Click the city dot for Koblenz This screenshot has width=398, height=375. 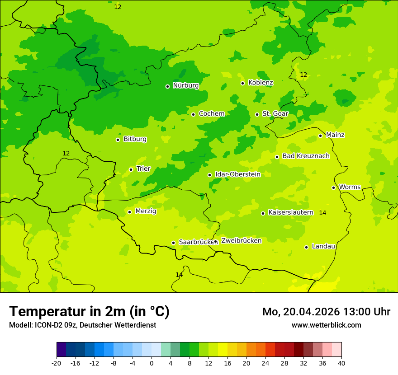pyautogui.click(x=242, y=83)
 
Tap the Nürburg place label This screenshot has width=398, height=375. pyautogui.click(x=185, y=85)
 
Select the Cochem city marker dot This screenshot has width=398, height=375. pyautogui.click(x=193, y=114)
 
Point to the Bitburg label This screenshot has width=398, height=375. pyautogui.click(x=135, y=139)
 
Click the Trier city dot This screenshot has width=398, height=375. pyautogui.click(x=131, y=169)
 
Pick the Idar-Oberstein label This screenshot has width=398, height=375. pyautogui.click(x=237, y=174)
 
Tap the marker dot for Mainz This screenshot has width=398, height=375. pyautogui.click(x=320, y=136)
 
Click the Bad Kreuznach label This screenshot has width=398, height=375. pyautogui.click(x=306, y=156)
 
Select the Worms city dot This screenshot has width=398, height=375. pyautogui.click(x=333, y=187)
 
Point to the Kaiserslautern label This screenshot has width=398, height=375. pyautogui.click(x=290, y=212)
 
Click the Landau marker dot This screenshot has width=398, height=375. pyautogui.click(x=306, y=247)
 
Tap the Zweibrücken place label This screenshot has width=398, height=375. pyautogui.click(x=241, y=241)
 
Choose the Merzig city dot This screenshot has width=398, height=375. pyautogui.click(x=129, y=212)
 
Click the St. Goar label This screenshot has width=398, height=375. pyautogui.click(x=275, y=114)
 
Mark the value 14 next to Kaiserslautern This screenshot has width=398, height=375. pyautogui.click(x=322, y=213)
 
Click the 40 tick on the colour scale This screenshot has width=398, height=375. pyautogui.click(x=341, y=363)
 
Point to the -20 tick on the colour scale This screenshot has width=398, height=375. pyautogui.click(x=57, y=363)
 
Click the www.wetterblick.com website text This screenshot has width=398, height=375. pyautogui.click(x=326, y=325)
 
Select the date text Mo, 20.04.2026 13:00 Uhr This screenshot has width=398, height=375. pyautogui.click(x=326, y=312)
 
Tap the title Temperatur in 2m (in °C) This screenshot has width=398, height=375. pyautogui.click(x=89, y=312)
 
